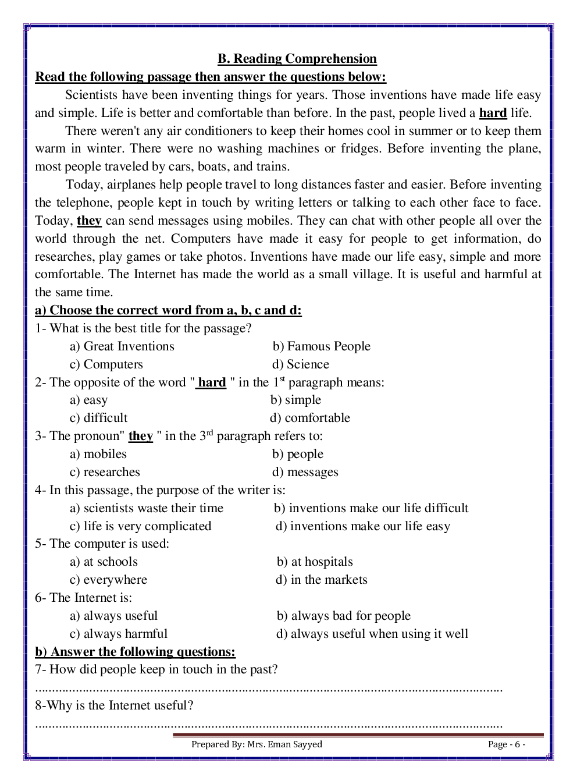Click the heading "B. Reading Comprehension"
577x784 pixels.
pyautogui.click(x=297, y=59)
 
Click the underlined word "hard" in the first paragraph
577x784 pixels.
pyautogui.click(x=493, y=113)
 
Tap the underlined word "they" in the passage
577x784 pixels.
pyautogui.click(x=89, y=221)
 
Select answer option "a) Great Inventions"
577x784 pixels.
pyautogui.click(x=122, y=346)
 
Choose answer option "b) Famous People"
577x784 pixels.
pyautogui.click(x=321, y=346)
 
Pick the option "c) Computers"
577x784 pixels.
pyautogui.click(x=106, y=364)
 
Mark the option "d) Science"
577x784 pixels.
pyautogui.click(x=301, y=364)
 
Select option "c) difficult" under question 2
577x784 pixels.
pyautogui.click(x=99, y=418)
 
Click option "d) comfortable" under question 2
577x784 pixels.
pyautogui.click(x=310, y=418)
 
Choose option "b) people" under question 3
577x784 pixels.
pyautogui.click(x=298, y=454)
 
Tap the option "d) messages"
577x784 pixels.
pyautogui.click(x=305, y=472)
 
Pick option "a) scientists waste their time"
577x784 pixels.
pyautogui.click(x=147, y=508)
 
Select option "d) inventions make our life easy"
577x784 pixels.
pyautogui.click(x=363, y=526)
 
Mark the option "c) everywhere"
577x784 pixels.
pyautogui.click(x=109, y=580)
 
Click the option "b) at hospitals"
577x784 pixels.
pyautogui.click(x=315, y=562)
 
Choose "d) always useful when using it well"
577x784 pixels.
pyautogui.click(x=372, y=634)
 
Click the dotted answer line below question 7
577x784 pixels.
pyautogui.click(x=269, y=689)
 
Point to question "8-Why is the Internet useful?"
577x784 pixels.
pyautogui.click(x=114, y=705)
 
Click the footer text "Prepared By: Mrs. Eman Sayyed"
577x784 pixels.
pyautogui.click(x=257, y=744)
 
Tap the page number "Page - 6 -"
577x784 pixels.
pyautogui.click(x=507, y=744)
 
